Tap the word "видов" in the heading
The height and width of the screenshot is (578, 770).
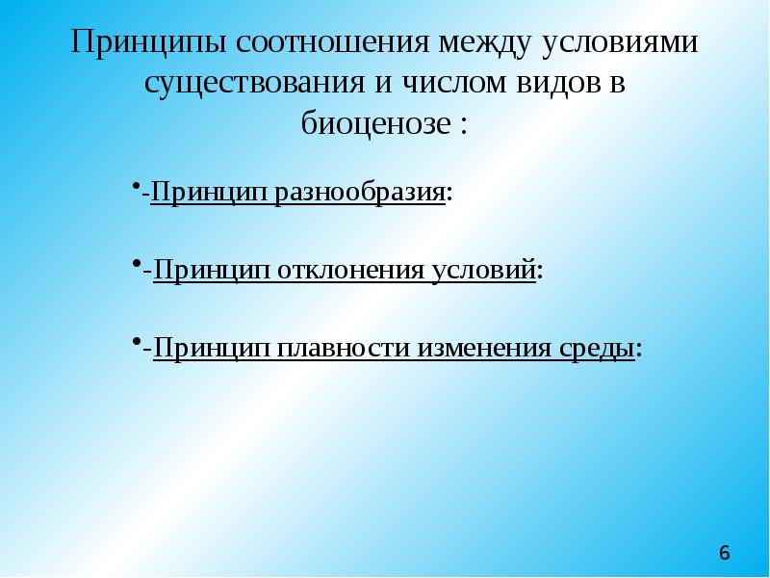pyautogui.click(x=553, y=84)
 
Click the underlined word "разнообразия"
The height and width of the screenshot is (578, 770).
pyautogui.click(x=361, y=192)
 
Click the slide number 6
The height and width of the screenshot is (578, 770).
pyautogui.click(x=724, y=553)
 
